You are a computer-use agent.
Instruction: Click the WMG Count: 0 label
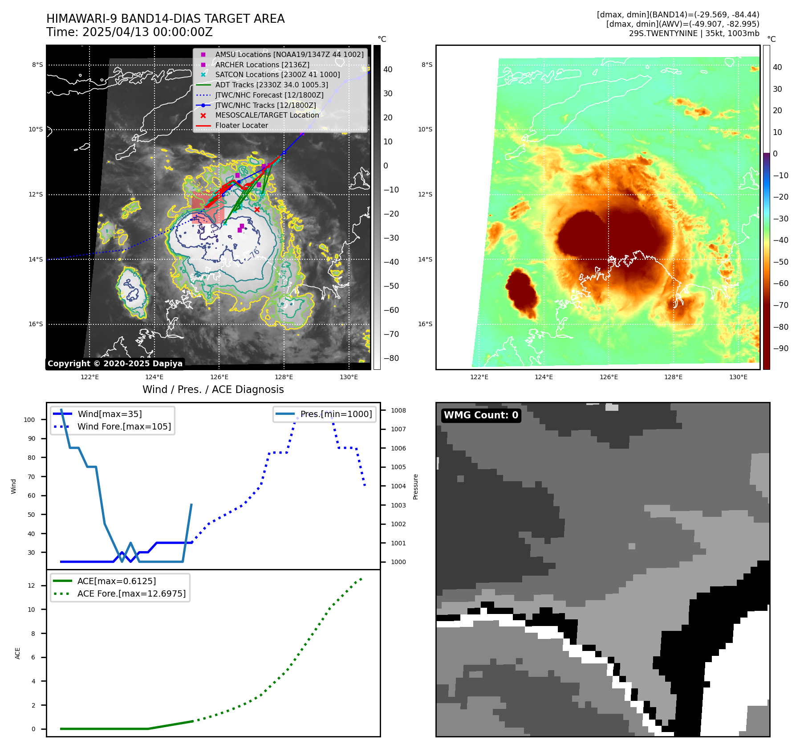tap(481, 415)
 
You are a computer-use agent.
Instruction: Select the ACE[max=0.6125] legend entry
tap(117, 581)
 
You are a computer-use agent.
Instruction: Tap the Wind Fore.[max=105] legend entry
tap(124, 426)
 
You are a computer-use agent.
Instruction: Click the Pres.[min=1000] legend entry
tap(336, 414)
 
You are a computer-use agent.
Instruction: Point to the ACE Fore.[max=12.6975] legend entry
tap(131, 593)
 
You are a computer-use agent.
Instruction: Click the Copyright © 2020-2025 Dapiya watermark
tap(115, 364)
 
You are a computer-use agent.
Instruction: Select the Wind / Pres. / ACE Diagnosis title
tap(213, 389)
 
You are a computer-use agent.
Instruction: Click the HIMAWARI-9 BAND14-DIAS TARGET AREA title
tap(165, 19)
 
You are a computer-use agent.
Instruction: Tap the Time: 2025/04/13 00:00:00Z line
tap(129, 32)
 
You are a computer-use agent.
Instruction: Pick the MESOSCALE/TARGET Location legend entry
tap(267, 115)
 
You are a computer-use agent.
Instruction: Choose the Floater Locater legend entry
tap(241, 125)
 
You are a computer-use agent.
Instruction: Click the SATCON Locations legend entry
tap(277, 74)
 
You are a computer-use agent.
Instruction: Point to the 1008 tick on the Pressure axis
tap(398, 410)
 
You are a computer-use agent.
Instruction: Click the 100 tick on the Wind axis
tap(29, 420)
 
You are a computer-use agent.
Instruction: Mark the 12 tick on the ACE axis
tap(31, 585)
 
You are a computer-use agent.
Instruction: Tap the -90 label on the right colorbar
tap(780, 348)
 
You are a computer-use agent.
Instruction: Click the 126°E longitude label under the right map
tap(609, 377)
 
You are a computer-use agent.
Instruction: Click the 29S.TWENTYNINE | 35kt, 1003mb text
tap(694, 33)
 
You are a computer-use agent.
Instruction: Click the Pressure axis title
tap(416, 487)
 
